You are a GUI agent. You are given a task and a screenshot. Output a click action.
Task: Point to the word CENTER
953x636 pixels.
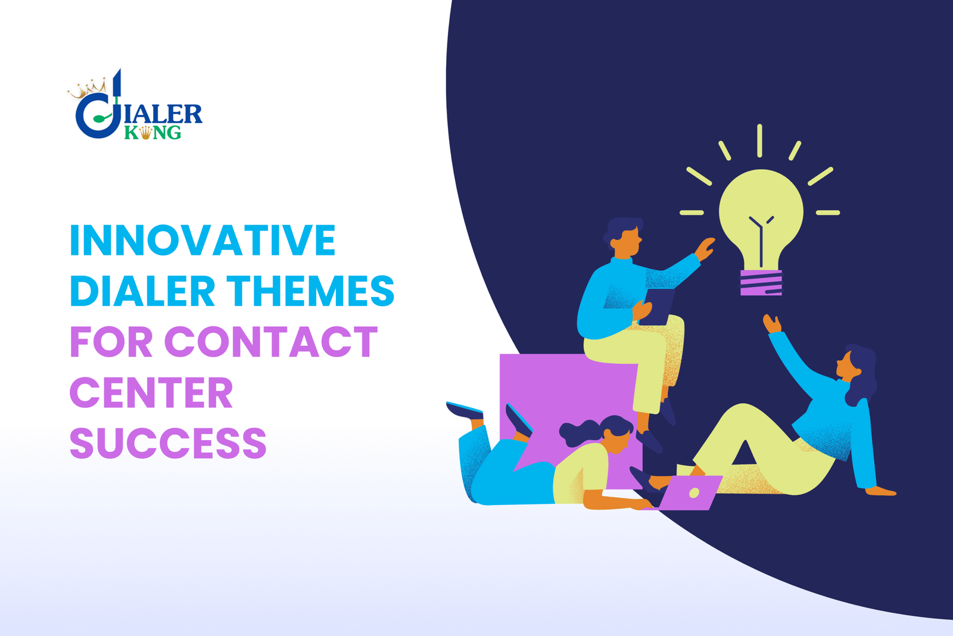pyautogui.click(x=151, y=393)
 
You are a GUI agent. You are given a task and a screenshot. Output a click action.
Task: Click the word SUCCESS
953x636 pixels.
pyautogui.click(x=168, y=444)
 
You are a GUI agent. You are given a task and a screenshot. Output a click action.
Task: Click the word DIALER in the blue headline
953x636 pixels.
pyautogui.click(x=142, y=291)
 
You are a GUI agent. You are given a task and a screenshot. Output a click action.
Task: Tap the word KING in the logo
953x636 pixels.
pyautogui.click(x=152, y=132)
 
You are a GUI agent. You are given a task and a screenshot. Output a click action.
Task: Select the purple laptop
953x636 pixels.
pyautogui.click(x=691, y=492)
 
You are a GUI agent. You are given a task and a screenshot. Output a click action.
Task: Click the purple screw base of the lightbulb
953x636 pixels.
pyautogui.click(x=761, y=282)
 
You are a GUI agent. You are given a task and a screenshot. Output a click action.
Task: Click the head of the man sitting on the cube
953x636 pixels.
pyautogui.click(x=624, y=235)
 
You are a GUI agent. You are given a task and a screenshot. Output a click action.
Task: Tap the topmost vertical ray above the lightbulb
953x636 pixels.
pyautogui.click(x=759, y=141)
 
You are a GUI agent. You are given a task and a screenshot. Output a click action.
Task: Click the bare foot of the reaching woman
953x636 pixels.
pyautogui.click(x=882, y=491)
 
